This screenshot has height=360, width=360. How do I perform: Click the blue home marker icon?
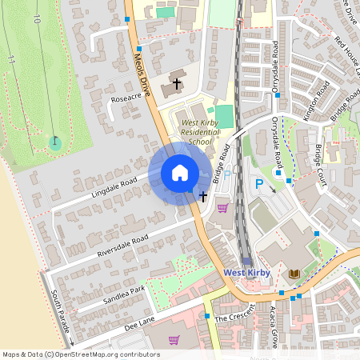click(180, 173)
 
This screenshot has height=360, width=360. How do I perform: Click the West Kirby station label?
click(247, 273)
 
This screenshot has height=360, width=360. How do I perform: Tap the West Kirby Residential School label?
click(186, 132)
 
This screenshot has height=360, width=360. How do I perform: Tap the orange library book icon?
click(294, 274)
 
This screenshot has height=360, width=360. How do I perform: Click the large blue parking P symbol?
click(258, 185)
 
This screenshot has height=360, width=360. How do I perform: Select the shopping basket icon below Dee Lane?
click(174, 340)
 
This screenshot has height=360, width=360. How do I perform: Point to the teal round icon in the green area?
click(54, 142)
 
